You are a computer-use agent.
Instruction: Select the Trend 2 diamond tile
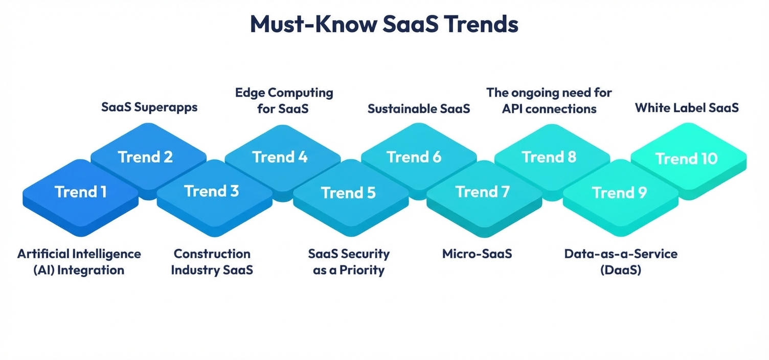point(146,157)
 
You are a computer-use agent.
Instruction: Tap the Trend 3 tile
point(212,192)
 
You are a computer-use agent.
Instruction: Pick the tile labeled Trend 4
point(280,157)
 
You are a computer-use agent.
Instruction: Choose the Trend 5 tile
point(348,193)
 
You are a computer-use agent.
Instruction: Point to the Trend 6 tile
point(414,157)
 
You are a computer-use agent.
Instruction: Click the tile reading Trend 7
point(483,192)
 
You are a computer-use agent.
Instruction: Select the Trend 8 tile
point(549,157)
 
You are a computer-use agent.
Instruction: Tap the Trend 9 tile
point(619,193)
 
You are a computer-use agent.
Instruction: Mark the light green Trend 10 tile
point(687,159)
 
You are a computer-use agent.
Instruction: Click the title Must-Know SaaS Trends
point(384,25)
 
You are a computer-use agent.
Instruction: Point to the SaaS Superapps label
point(149,108)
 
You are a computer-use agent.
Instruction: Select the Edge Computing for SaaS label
point(284,101)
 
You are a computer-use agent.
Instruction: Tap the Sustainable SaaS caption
point(419,108)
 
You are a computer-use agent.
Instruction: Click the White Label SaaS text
point(687,108)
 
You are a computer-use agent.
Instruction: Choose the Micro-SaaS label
point(477,254)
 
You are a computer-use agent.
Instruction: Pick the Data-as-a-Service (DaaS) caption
point(621,261)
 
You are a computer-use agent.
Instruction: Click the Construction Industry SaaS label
point(212,261)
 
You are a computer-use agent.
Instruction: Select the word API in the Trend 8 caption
point(513,109)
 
